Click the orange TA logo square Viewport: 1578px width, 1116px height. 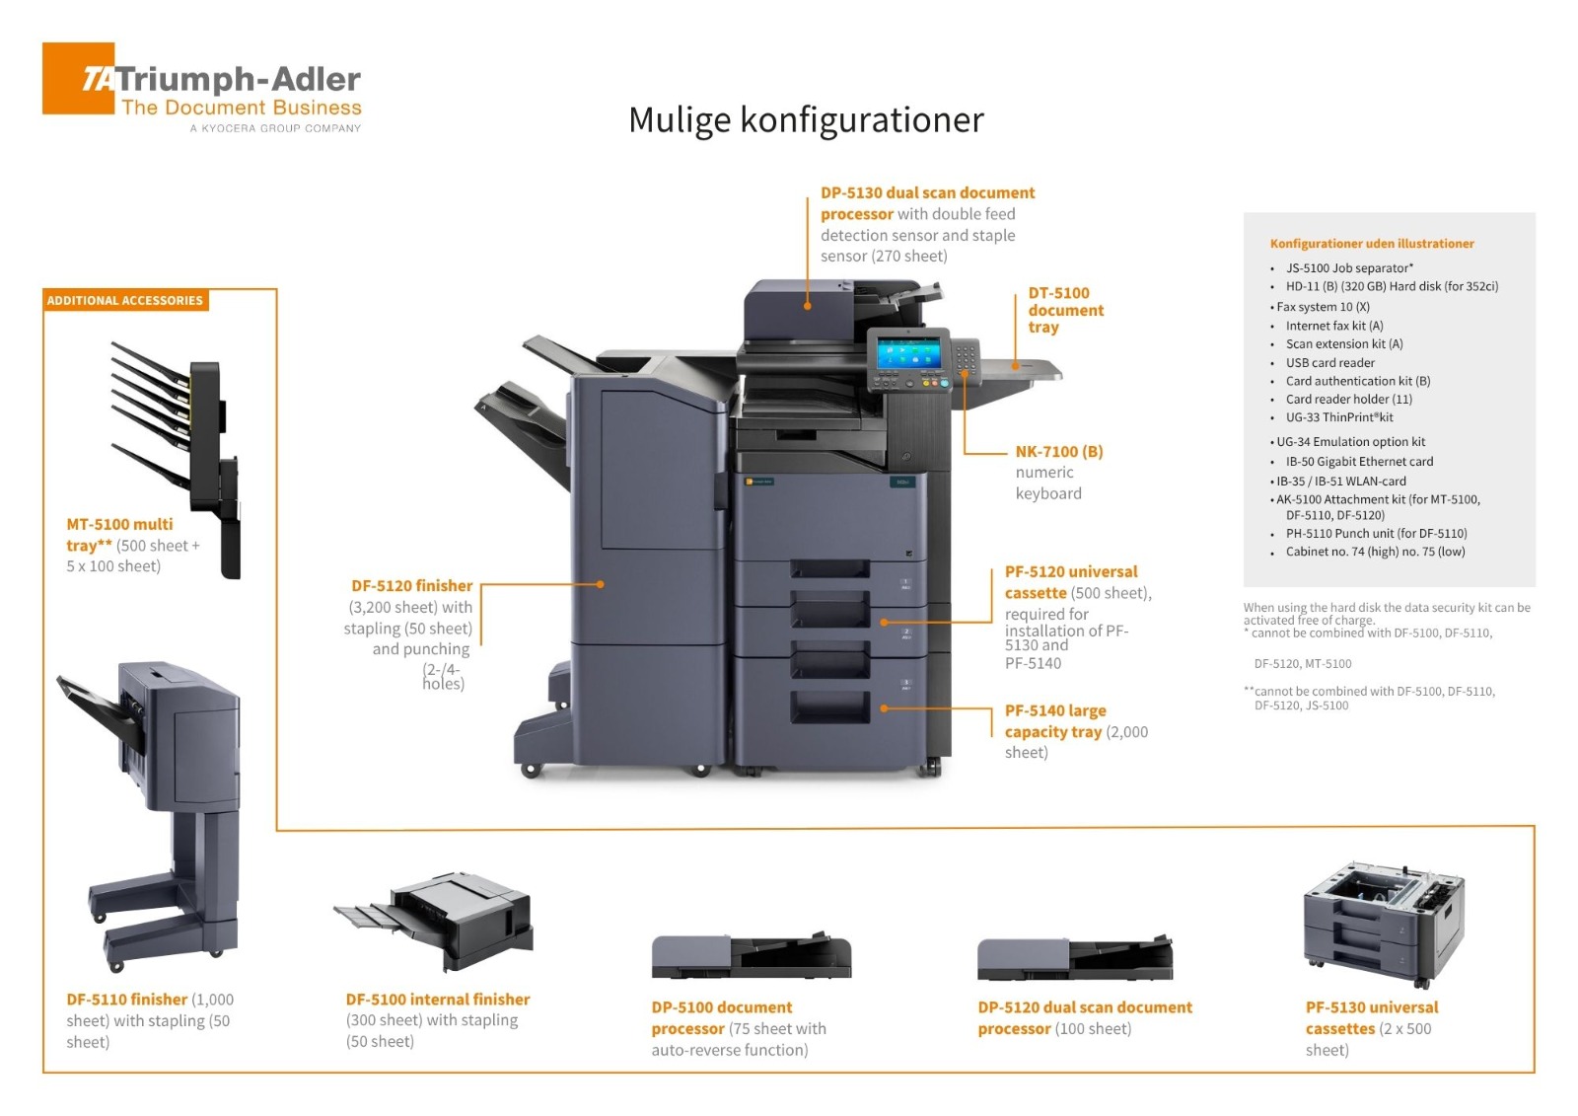point(78,78)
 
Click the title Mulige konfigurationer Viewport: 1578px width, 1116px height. point(806,120)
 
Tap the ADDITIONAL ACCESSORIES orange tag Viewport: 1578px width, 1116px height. point(125,300)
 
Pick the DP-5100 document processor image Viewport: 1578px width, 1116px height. point(751,955)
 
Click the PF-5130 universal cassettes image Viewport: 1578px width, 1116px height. point(1383,923)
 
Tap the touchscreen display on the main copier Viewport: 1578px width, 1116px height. point(907,352)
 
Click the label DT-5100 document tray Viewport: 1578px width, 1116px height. point(1065,310)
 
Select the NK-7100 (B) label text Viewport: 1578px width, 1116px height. point(1059,452)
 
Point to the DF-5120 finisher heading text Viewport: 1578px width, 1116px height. point(411,586)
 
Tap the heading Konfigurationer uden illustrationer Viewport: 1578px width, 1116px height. point(1372,244)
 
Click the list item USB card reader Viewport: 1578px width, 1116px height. point(1329,363)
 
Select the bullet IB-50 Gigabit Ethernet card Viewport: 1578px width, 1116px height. point(1359,462)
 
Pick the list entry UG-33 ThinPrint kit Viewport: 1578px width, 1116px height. point(1338,417)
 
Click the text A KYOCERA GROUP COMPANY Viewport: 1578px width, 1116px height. point(275,128)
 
